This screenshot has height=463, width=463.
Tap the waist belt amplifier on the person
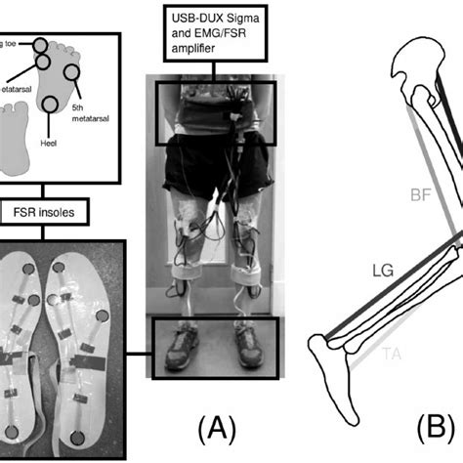coord(213,105)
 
